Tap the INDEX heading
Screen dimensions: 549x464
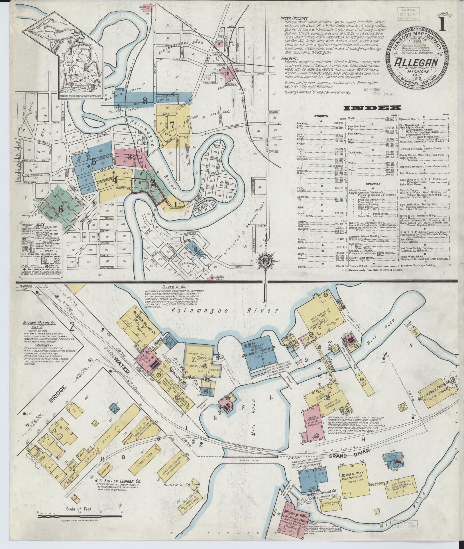pos(372,108)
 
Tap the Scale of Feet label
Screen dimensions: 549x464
pos(78,509)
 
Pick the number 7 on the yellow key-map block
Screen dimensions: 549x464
pos(172,124)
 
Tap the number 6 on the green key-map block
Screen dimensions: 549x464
pos(60,209)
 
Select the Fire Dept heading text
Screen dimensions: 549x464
pos(289,58)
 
